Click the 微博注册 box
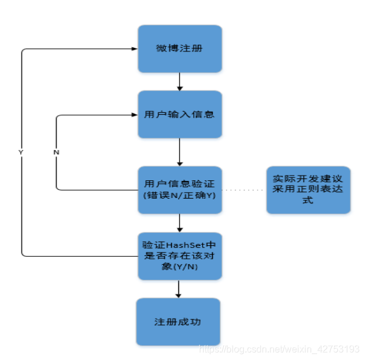(x=180, y=48)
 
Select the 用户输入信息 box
(x=180, y=114)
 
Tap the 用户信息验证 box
(x=180, y=190)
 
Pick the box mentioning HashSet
(x=180, y=256)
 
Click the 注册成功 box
(x=178, y=322)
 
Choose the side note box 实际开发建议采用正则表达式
(x=308, y=189)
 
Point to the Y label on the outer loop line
(x=21, y=152)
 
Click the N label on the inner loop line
(x=56, y=152)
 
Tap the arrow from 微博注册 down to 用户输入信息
(x=179, y=82)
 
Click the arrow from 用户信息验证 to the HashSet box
(x=179, y=223)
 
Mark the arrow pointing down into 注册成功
(x=178, y=289)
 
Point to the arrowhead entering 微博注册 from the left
(x=134, y=49)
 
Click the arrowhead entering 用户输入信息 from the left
(x=134, y=115)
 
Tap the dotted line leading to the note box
(x=243, y=190)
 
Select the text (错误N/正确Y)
(x=179, y=195)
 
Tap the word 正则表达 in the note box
(x=314, y=189)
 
